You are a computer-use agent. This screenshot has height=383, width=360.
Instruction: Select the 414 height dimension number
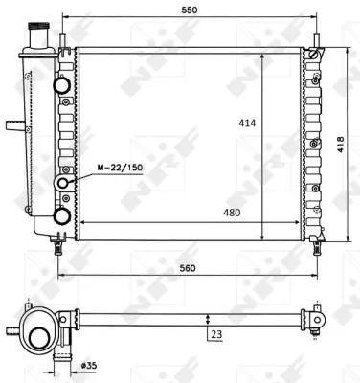click(x=247, y=124)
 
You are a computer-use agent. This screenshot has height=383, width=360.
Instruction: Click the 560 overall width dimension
click(x=188, y=268)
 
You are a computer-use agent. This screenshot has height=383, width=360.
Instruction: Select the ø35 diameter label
click(x=89, y=365)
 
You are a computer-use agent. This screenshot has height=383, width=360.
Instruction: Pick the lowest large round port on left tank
click(x=62, y=215)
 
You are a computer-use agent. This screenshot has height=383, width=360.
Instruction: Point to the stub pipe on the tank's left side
click(x=11, y=124)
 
